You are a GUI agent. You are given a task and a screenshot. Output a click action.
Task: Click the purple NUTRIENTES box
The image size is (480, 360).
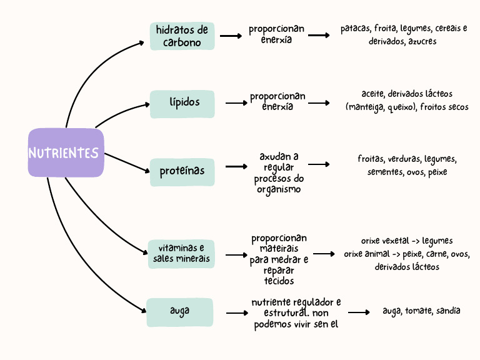click(65, 152)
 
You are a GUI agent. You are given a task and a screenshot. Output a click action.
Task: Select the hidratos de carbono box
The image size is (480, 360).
click(182, 36)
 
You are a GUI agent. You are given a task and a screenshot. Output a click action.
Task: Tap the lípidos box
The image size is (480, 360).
click(182, 104)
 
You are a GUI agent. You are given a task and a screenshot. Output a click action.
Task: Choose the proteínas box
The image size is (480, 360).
click(182, 171)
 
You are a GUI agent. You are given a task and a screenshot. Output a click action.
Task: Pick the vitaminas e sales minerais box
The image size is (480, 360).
click(181, 254)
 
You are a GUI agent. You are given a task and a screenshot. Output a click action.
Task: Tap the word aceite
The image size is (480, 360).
click(372, 94)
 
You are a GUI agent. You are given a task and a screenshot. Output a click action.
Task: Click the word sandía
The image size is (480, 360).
click(448, 311)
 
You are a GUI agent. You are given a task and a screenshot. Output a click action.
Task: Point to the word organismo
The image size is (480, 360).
click(278, 189)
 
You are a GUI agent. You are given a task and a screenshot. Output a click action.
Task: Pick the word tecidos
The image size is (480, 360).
click(279, 281)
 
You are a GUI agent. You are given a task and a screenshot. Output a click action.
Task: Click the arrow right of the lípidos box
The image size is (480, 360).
click(236, 103)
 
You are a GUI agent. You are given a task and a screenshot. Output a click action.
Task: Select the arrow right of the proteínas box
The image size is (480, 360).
click(236, 167)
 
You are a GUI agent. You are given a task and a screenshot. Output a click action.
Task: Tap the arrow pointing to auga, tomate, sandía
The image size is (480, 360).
click(359, 312)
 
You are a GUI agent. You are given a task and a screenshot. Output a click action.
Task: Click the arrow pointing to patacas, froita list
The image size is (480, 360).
click(319, 36)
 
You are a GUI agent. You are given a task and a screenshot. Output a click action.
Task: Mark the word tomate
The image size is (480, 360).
click(417, 311)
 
